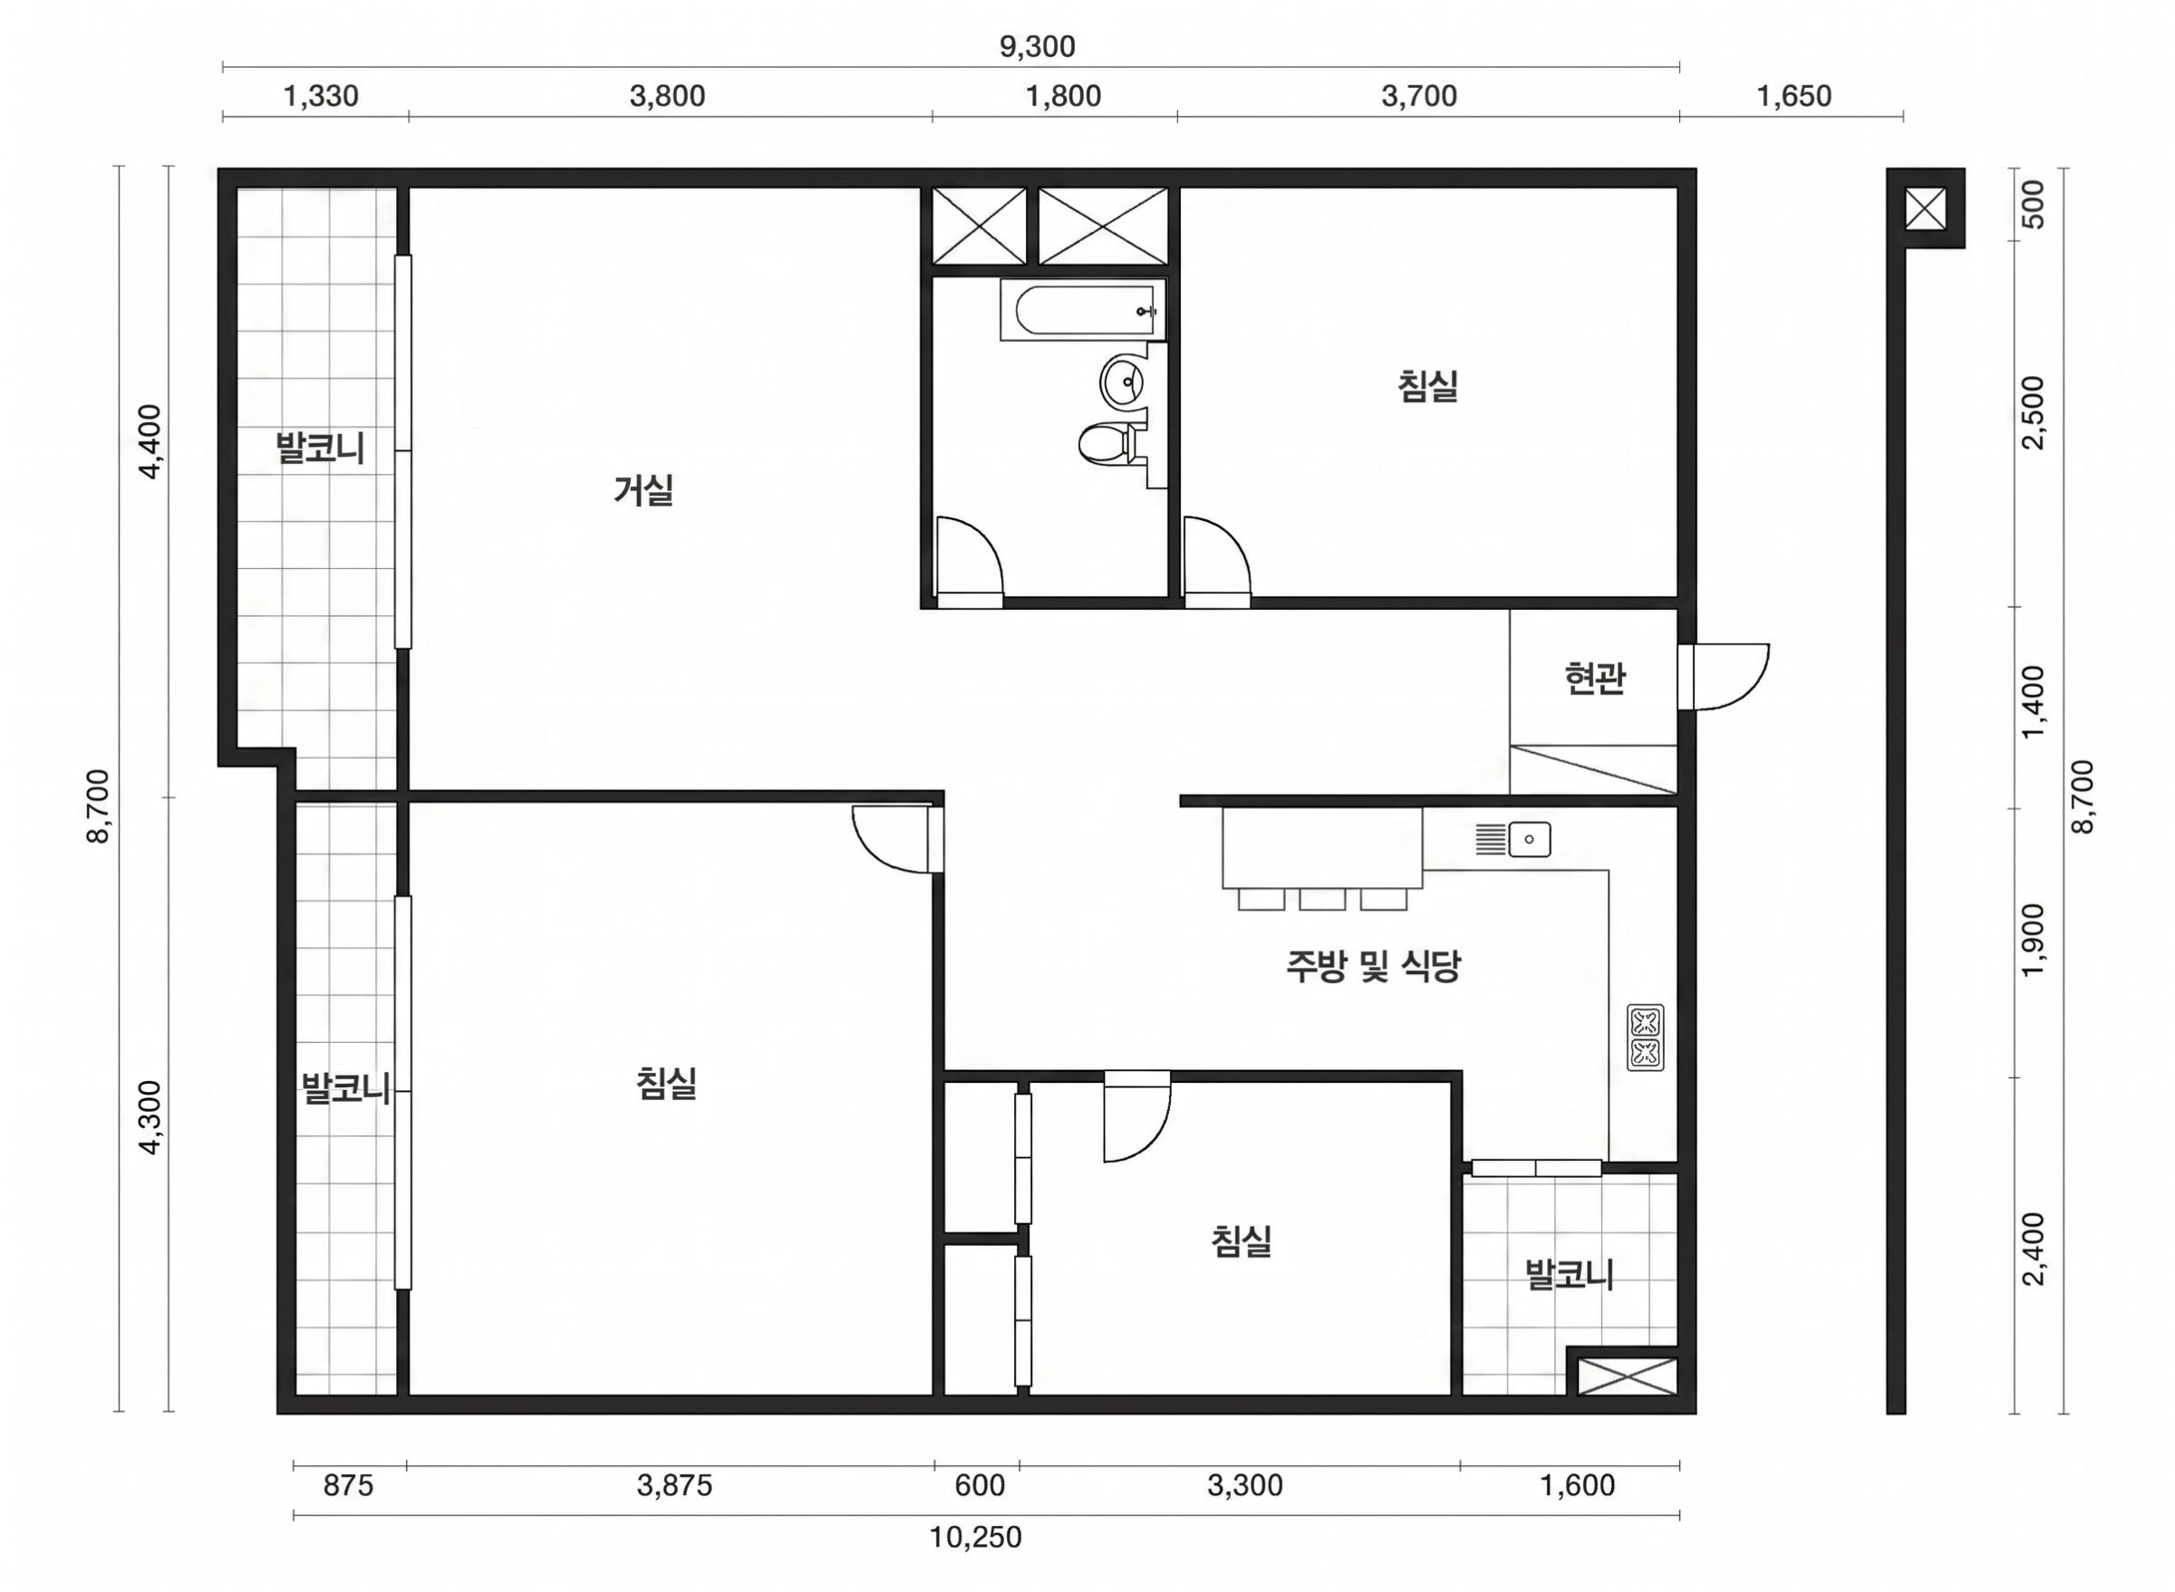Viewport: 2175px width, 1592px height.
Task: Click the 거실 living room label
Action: pyautogui.click(x=643, y=489)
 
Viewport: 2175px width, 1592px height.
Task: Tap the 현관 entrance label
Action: pyautogui.click(x=1595, y=679)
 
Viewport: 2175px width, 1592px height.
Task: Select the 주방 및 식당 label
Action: pyautogui.click(x=1373, y=965)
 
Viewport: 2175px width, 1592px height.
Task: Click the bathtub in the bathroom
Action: pyautogui.click(x=1082, y=309)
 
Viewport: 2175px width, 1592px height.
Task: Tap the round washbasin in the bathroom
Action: pyautogui.click(x=1124, y=381)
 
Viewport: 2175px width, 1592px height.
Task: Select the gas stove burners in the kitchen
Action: pyautogui.click(x=1645, y=1037)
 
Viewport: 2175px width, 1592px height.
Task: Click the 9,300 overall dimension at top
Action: pyautogui.click(x=1037, y=46)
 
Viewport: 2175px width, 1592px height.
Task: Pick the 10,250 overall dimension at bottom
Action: pyautogui.click(x=975, y=1537)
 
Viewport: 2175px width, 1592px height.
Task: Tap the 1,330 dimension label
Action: pyautogui.click(x=320, y=96)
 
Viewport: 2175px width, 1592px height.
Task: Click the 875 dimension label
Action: pyautogui.click(x=348, y=1486)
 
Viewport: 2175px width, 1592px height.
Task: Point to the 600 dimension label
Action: pyautogui.click(x=980, y=1486)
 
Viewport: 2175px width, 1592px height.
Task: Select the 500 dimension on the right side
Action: pyautogui.click(x=2034, y=204)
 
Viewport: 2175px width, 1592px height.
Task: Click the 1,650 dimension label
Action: pyautogui.click(x=1793, y=96)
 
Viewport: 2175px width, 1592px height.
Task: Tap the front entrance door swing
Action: pyautogui.click(x=1732, y=677)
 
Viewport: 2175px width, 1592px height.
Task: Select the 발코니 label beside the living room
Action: pyautogui.click(x=320, y=449)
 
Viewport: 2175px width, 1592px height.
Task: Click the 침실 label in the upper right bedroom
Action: pyautogui.click(x=1427, y=385)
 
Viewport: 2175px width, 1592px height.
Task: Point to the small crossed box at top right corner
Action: pyautogui.click(x=1926, y=209)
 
